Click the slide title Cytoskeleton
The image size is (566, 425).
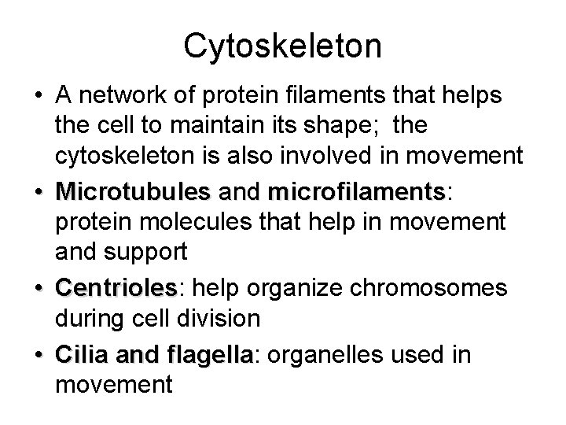282,46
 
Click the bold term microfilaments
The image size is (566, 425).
355,191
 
